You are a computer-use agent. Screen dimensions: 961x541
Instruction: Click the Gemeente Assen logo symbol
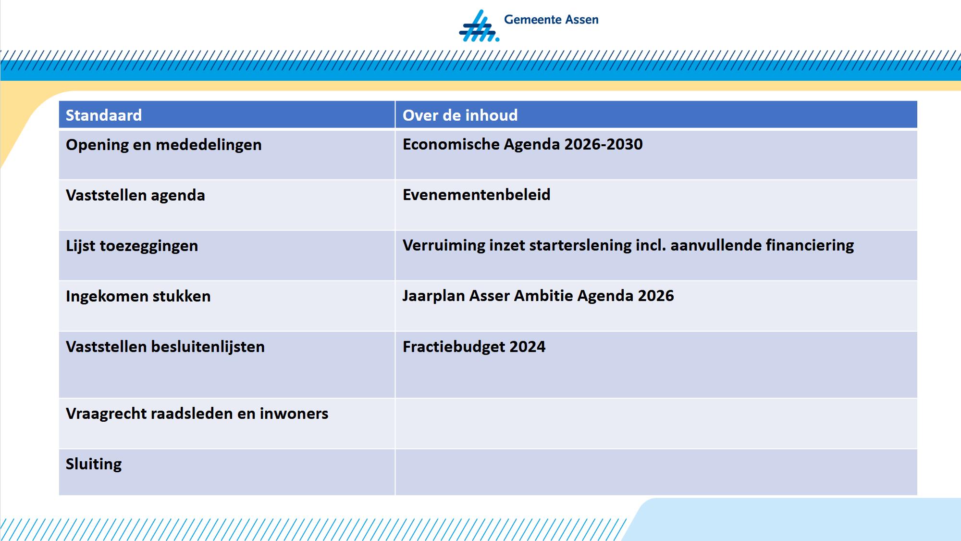(479, 26)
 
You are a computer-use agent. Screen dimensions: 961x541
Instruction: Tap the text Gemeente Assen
(551, 20)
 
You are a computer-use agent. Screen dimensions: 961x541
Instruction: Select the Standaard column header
(104, 115)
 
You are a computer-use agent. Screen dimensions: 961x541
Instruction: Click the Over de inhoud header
(460, 115)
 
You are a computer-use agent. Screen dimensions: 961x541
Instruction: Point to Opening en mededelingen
(164, 145)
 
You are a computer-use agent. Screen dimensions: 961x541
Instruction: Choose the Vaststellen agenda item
(136, 195)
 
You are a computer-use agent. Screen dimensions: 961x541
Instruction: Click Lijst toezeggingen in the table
(132, 246)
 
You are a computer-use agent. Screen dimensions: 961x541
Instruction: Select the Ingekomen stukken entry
(138, 296)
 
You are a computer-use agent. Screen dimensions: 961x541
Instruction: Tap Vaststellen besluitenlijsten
(165, 347)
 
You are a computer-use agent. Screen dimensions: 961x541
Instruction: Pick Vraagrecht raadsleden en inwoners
(197, 414)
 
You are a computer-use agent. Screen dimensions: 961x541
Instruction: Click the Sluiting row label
(94, 464)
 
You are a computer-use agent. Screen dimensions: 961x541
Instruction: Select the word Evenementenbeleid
(477, 195)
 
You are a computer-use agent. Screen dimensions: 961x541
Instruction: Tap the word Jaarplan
(434, 296)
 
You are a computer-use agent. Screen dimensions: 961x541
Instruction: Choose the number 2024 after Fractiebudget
(528, 347)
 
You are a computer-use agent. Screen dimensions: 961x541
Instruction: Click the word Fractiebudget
(454, 347)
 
